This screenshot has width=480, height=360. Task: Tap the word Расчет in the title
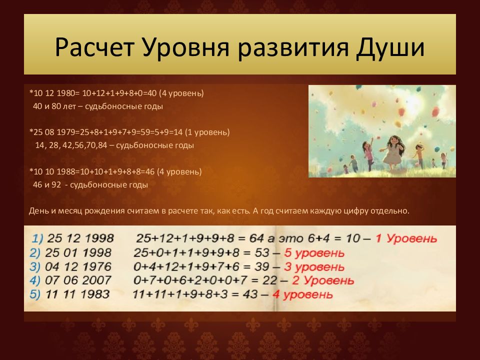point(94,47)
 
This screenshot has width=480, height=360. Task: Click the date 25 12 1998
point(80,238)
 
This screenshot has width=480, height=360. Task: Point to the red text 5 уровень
point(314,253)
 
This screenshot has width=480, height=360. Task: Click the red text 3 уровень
point(314,266)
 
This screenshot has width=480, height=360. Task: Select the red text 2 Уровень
point(323,280)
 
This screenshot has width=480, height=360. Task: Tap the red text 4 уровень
point(302,294)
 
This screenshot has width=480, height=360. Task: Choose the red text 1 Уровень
point(406,238)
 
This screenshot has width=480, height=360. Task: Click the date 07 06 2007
point(78,280)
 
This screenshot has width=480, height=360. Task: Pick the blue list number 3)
point(35,266)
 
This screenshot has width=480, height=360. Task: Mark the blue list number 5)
point(35,294)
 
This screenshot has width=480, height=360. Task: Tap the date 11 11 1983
point(77,294)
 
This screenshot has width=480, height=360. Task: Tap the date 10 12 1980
point(54,93)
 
